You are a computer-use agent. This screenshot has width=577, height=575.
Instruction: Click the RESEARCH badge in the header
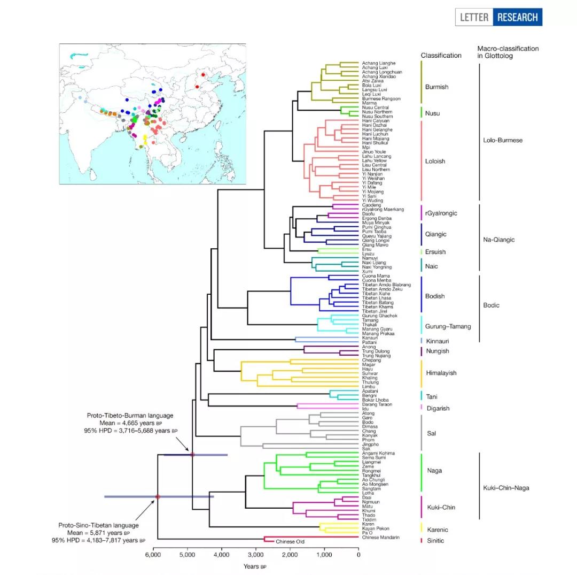[517, 17]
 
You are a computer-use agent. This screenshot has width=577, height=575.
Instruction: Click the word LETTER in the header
[474, 17]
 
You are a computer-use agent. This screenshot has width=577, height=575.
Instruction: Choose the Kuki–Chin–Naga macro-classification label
[505, 488]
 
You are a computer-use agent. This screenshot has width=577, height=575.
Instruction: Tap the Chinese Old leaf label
[290, 542]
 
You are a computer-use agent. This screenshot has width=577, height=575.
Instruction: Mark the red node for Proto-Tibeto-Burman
[192, 455]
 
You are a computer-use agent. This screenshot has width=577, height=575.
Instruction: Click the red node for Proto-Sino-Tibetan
[158, 497]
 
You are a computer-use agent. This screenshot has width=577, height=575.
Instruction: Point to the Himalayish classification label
[441, 373]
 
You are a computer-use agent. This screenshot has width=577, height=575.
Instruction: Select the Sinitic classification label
[434, 541]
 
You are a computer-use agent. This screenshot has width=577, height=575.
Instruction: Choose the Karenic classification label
[437, 530]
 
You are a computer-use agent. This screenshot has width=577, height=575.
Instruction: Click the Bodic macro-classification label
[491, 305]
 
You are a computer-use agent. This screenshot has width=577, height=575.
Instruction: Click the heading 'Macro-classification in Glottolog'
[508, 52]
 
